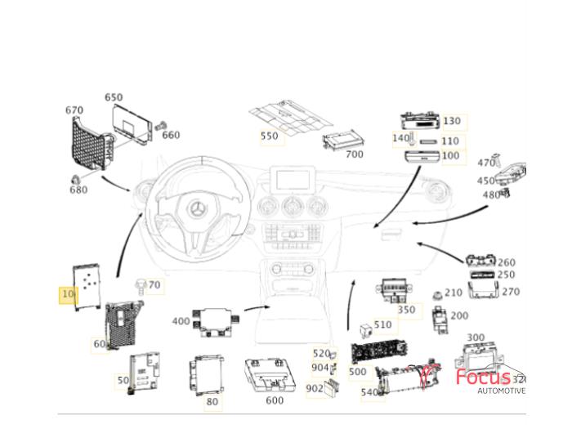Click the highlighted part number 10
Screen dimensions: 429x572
pyautogui.click(x=68, y=294)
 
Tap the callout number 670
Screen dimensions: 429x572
pyautogui.click(x=74, y=110)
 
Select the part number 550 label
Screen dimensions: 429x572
pyautogui.click(x=270, y=136)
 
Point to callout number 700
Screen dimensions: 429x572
pyautogui.click(x=354, y=154)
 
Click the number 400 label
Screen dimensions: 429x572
pyautogui.click(x=181, y=321)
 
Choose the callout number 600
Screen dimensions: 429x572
pyautogui.click(x=275, y=400)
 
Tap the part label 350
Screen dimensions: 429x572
pyautogui.click(x=406, y=310)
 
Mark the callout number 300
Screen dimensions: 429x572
pyautogui.click(x=475, y=337)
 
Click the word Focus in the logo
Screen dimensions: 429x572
pyautogui.click(x=482, y=378)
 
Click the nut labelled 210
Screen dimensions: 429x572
pyautogui.click(x=436, y=293)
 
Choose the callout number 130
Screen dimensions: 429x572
pyautogui.click(x=451, y=121)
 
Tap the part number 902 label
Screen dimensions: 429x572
pyautogui.click(x=315, y=389)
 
